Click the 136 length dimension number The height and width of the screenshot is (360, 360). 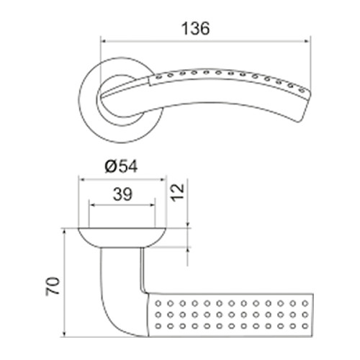click(195, 29)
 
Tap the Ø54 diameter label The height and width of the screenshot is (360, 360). click(122, 166)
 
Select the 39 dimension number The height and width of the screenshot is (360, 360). click(122, 194)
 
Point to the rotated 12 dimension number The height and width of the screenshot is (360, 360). click(178, 192)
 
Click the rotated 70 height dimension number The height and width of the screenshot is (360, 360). click(53, 286)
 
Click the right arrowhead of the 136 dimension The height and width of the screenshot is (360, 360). click(307, 41)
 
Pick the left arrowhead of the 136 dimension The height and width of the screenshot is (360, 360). click(104, 41)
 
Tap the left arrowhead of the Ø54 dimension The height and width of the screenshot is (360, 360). click(82, 179)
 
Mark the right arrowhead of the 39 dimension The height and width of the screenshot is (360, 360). click(152, 205)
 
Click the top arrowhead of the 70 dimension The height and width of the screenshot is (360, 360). click(64, 232)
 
